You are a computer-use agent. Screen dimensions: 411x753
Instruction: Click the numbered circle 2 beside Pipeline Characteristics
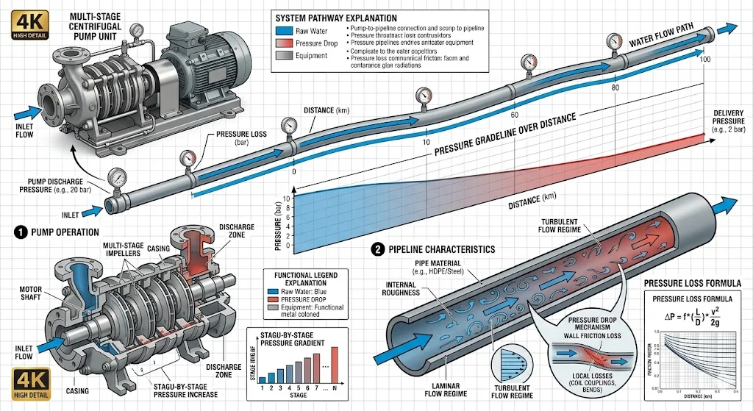point(379,249)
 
